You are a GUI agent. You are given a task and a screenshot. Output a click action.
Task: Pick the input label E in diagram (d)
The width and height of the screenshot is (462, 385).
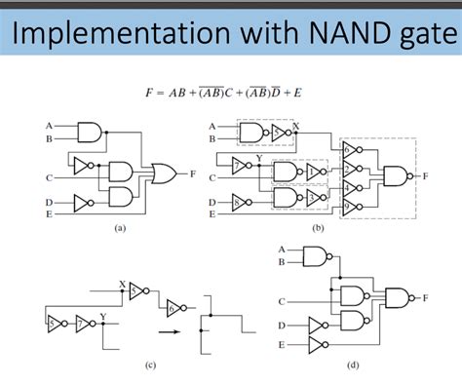tap(284, 344)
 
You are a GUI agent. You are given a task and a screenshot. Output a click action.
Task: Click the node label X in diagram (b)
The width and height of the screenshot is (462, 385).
tap(297, 124)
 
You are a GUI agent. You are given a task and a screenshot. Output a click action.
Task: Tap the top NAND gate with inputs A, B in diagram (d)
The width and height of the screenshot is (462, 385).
tap(316, 255)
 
